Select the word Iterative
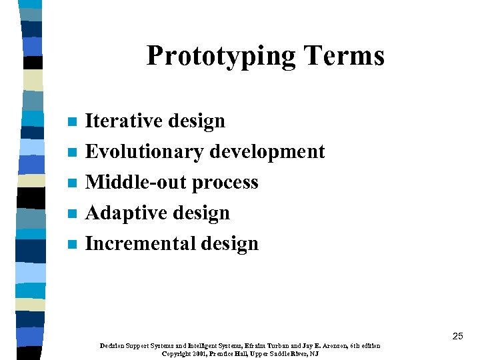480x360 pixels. pyautogui.click(x=124, y=121)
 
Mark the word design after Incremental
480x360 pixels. pyautogui.click(x=229, y=244)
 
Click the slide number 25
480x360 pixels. pyautogui.click(x=457, y=336)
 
